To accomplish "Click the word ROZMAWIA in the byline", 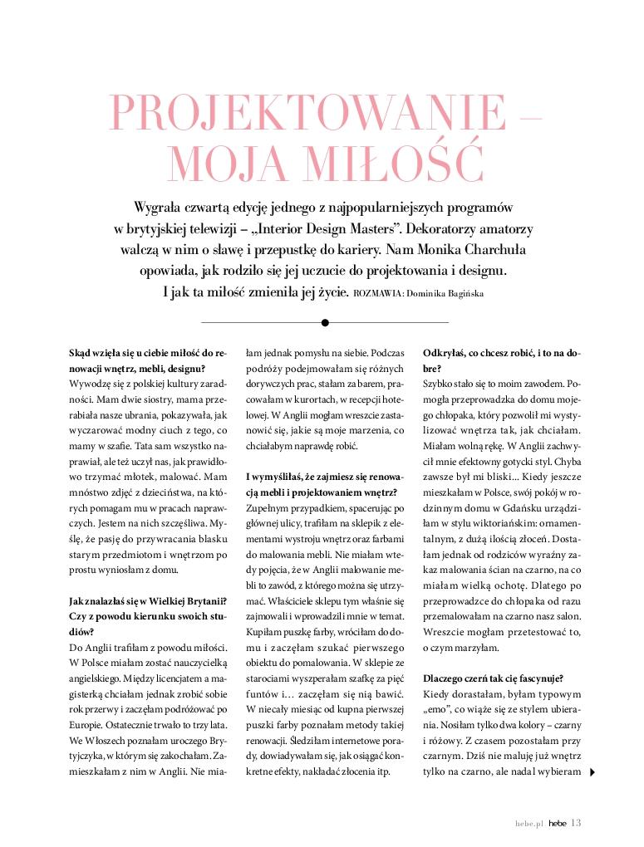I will pos(377,293).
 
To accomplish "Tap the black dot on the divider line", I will pos(325,322).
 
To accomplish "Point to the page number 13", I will pos(577,822).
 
